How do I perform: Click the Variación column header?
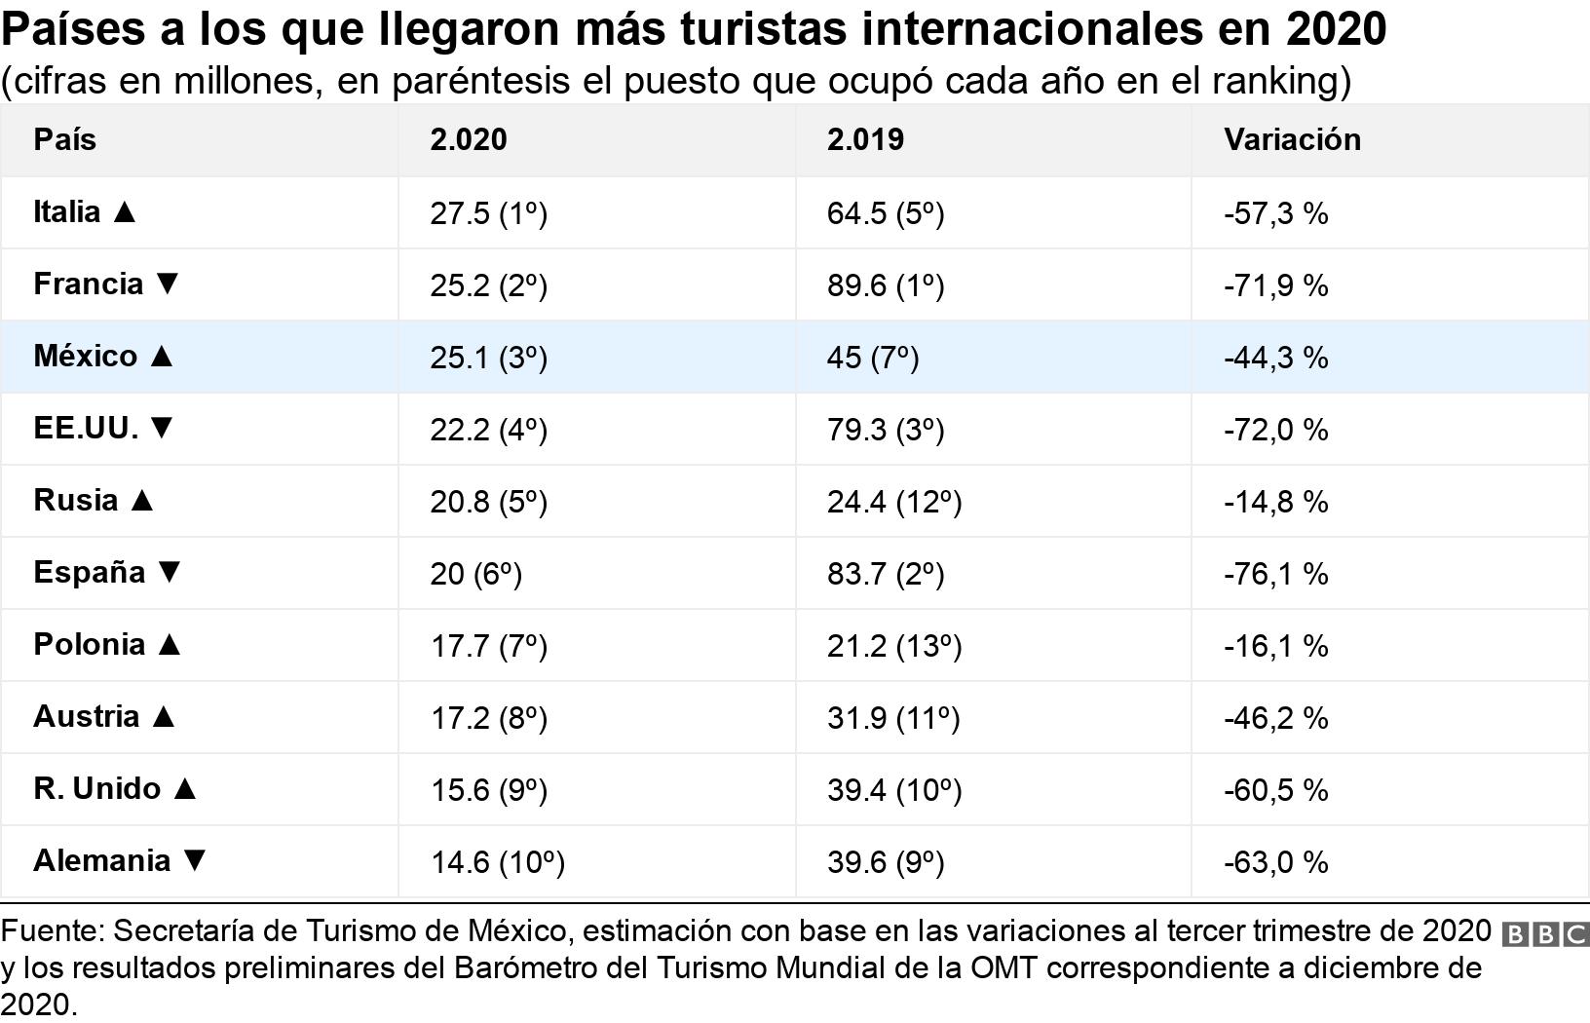[1292, 139]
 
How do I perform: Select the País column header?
[64, 139]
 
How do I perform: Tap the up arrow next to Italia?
[124, 211]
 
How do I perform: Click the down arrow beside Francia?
[168, 284]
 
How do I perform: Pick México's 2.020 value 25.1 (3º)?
[488, 358]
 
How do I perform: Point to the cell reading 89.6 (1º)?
[885, 285]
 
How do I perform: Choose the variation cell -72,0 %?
[1275, 430]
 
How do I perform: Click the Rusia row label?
[75, 500]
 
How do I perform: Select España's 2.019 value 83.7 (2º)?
[885, 574]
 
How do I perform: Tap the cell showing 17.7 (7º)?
[488, 646]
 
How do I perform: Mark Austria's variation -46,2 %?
[1275, 718]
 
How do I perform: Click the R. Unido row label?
[96, 788]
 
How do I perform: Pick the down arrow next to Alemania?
[195, 860]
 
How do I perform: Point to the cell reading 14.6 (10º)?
[497, 862]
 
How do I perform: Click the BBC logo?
[1545, 934]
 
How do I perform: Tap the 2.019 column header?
[865, 139]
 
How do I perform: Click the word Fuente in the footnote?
[52, 931]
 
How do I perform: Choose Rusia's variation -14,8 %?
[1275, 502]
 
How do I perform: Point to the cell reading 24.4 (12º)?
[893, 502]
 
